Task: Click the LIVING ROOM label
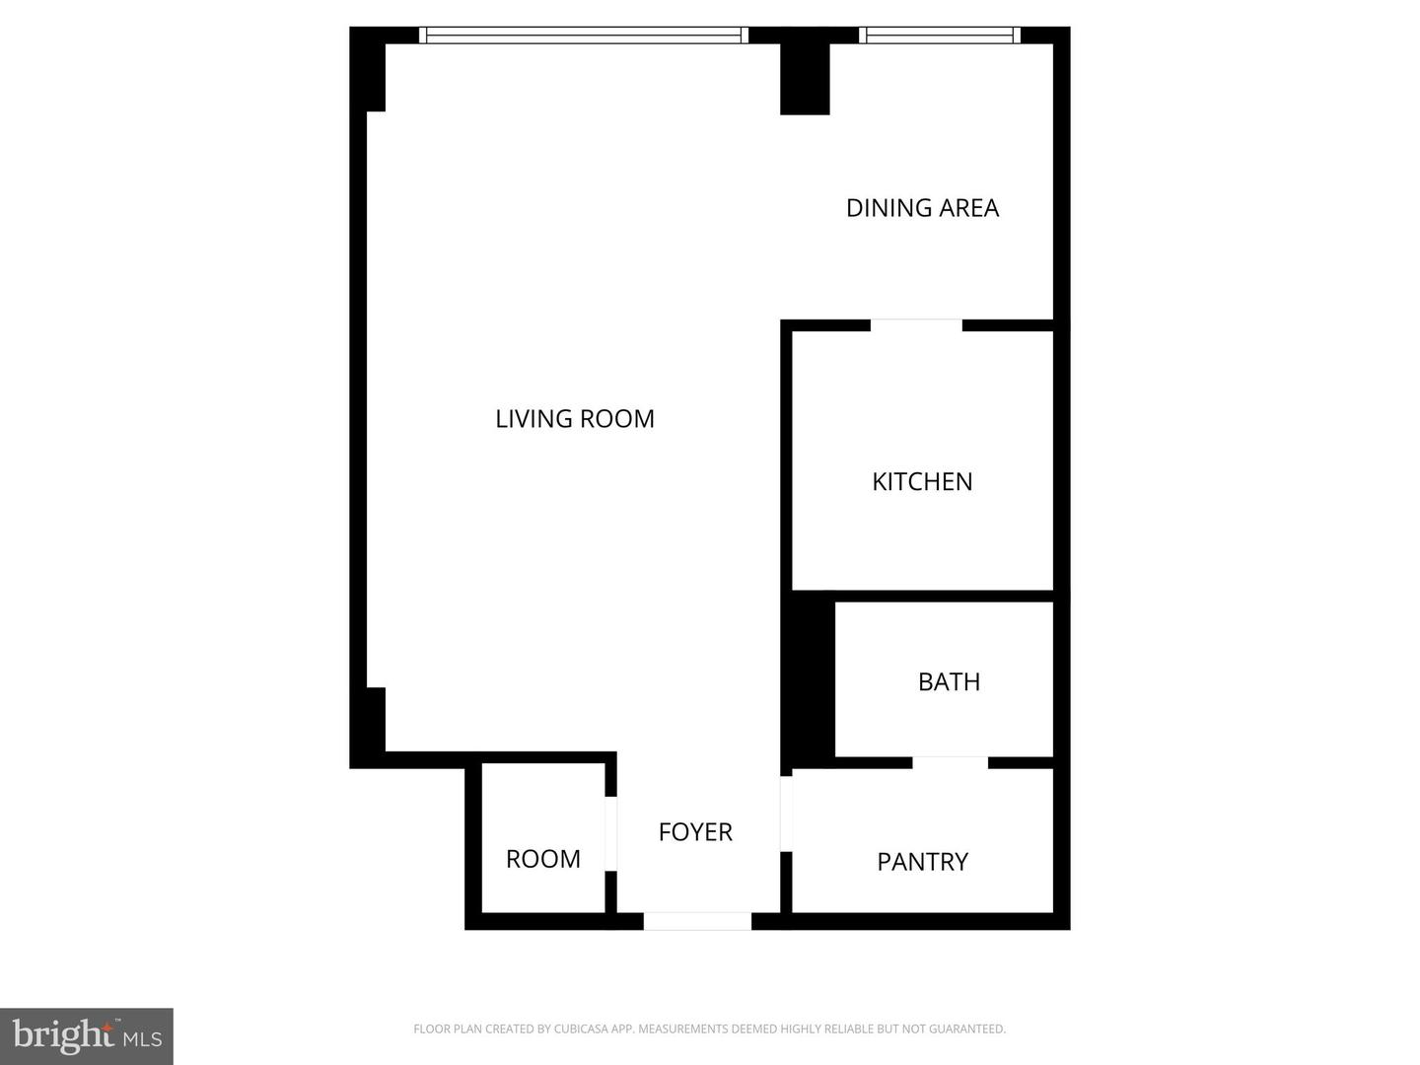[575, 419]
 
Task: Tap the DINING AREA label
[922, 208]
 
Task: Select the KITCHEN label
[922, 481]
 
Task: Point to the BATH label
[949, 682]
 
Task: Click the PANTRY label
[922, 862]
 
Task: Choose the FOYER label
[695, 832]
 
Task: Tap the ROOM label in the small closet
[542, 859]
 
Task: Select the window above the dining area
[939, 35]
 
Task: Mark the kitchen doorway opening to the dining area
[916, 325]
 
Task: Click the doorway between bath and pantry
[950, 762]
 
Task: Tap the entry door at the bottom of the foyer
[697, 922]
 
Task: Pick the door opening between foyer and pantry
[786, 814]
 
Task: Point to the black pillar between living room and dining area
[805, 79]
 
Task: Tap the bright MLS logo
[87, 1035]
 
